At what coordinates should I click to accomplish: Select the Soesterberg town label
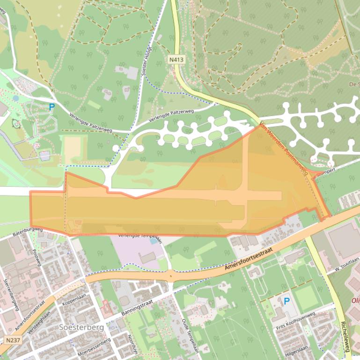(x=81, y=327)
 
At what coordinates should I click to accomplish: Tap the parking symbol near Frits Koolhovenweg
(x=287, y=302)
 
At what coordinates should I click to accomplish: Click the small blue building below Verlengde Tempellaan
(x=154, y=241)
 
